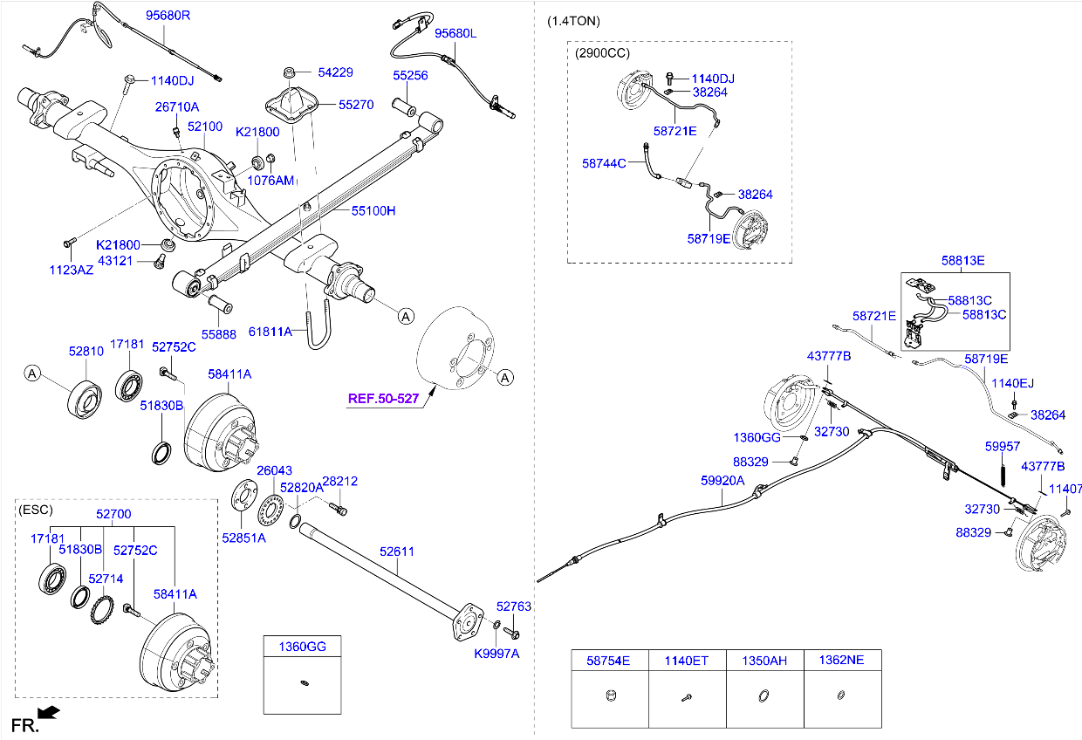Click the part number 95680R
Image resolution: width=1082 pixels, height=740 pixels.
(168, 15)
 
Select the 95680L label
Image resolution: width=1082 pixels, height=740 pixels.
(456, 33)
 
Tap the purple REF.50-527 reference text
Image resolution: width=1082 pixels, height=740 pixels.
(384, 399)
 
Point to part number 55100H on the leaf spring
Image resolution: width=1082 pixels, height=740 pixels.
(373, 211)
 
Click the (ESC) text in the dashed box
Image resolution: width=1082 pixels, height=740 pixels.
(36, 510)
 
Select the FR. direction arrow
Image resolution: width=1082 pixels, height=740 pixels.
(50, 713)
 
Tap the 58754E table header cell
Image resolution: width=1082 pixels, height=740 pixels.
(609, 661)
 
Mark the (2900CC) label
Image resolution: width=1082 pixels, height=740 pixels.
(602, 52)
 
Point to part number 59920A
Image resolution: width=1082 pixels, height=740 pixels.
(722, 480)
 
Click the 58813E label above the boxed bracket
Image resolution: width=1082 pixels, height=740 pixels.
(962, 260)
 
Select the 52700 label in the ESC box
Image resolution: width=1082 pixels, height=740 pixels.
(114, 515)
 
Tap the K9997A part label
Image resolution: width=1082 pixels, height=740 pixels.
(496, 653)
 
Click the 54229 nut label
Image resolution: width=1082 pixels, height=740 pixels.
(335, 73)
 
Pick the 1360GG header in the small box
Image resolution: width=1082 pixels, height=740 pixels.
(302, 647)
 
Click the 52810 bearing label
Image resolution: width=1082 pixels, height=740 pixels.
(86, 351)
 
